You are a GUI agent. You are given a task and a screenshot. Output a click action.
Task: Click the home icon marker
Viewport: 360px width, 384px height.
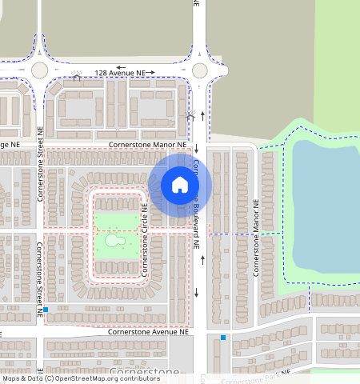180,185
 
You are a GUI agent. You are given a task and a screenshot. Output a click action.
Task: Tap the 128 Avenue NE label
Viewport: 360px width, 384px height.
120,73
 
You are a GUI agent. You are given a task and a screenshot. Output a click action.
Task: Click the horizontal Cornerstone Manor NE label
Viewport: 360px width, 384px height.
148,145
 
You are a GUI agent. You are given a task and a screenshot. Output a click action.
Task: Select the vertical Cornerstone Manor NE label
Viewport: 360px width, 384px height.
257,239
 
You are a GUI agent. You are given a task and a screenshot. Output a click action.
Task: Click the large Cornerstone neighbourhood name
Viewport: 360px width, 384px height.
144,373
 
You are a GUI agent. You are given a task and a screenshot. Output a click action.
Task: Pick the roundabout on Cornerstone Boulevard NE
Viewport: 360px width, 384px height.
200,70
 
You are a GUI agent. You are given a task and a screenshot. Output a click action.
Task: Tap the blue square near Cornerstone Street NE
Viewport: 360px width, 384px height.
46,309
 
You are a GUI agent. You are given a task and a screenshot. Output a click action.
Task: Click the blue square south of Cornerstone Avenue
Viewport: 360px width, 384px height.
222,338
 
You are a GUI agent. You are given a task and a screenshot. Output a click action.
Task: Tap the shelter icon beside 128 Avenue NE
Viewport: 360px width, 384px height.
78,77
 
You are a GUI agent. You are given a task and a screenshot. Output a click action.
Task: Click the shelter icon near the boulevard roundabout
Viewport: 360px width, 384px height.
190,115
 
